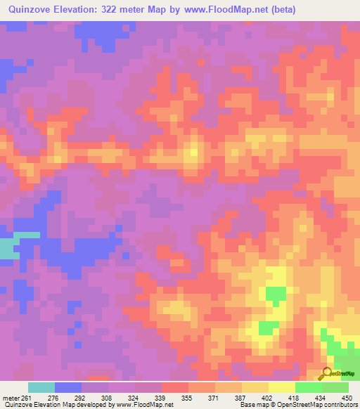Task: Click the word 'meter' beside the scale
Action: [x=10, y=398]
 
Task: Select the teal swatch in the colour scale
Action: [x=41, y=387]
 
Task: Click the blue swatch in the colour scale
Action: [x=68, y=387]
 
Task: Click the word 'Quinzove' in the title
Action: [x=29, y=10]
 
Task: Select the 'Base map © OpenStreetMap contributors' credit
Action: [x=298, y=405]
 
